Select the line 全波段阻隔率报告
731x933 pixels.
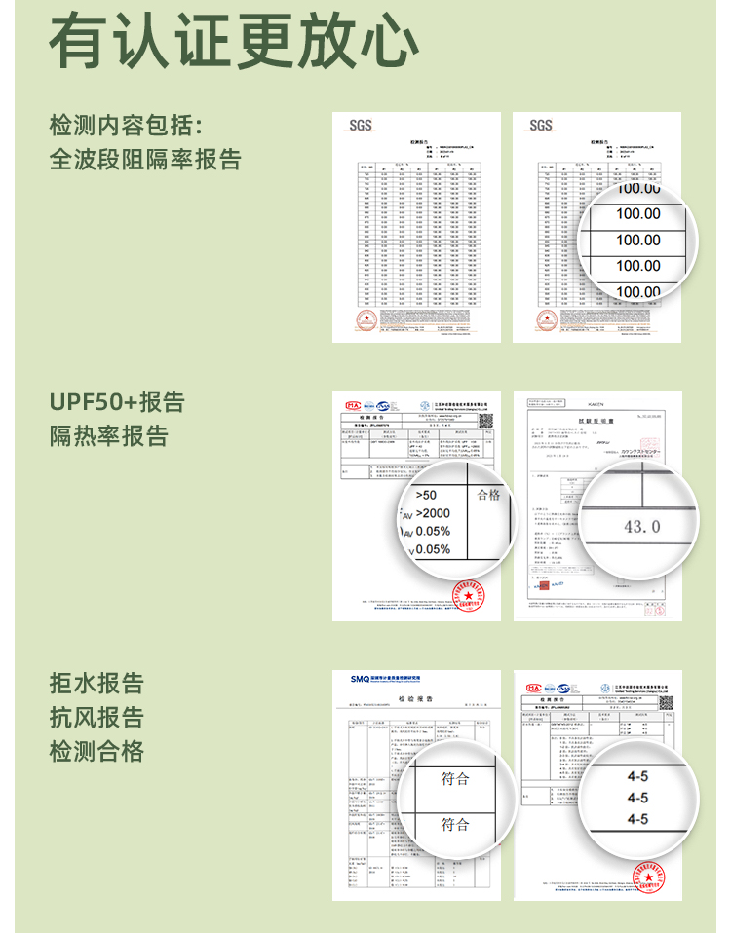click(x=145, y=159)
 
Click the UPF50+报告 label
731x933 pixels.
click(x=117, y=402)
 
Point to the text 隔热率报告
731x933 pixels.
click(x=109, y=435)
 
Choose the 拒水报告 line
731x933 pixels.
click(x=96, y=684)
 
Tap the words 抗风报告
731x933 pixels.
click(x=96, y=718)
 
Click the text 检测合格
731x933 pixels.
click(x=96, y=751)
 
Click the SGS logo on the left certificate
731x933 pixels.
click(x=361, y=126)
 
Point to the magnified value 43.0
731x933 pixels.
click(x=641, y=527)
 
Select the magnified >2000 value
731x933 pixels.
click(x=433, y=513)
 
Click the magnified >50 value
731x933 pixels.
click(x=426, y=496)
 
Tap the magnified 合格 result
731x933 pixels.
click(x=488, y=496)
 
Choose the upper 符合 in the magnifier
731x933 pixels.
click(x=455, y=779)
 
